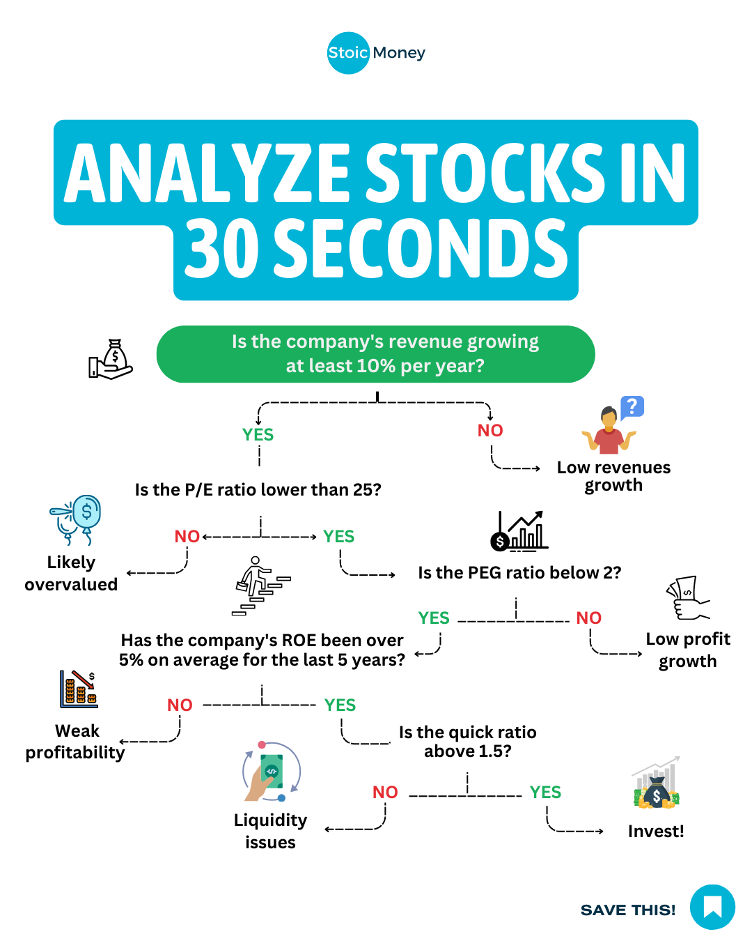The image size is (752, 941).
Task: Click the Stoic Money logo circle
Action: point(348,53)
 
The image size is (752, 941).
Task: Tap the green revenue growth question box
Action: point(375,354)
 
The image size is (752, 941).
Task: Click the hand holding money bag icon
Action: point(111,359)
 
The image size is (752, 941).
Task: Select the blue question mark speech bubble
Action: point(632,408)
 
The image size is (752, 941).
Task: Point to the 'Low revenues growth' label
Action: point(613,477)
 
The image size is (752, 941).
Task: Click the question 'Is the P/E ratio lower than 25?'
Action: point(258,490)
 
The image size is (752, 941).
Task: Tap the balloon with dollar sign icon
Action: point(75,520)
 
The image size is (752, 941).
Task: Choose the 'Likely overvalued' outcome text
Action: point(71,573)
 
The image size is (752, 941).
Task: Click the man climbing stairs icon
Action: point(261,586)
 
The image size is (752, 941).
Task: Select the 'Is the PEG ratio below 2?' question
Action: point(519,572)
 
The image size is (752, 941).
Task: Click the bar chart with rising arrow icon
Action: point(519,531)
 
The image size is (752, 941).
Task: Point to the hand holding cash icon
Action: point(688,598)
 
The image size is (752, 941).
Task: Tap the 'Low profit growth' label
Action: point(688,650)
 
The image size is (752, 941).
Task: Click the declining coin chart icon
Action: point(79,689)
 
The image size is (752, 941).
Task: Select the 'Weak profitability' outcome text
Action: point(75,742)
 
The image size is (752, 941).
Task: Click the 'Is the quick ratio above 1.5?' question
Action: point(467,742)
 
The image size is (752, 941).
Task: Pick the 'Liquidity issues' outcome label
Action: point(270,832)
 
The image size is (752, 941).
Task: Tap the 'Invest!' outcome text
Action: point(656,832)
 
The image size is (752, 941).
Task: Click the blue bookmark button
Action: point(712,907)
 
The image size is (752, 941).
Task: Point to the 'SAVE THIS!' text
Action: point(628,910)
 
